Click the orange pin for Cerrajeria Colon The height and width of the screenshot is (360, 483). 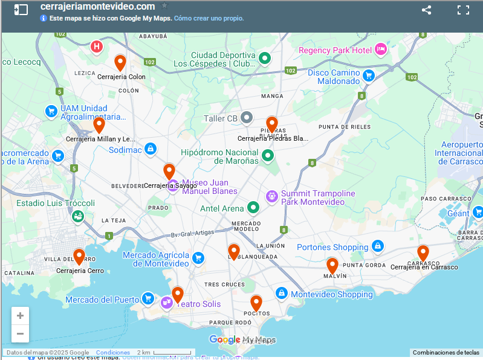click(120, 62)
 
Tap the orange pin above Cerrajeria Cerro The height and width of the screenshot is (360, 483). click(79, 256)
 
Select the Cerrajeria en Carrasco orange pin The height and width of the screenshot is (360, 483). click(423, 252)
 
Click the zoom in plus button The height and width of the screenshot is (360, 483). click(20, 315)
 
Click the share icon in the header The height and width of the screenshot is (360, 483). click(426, 10)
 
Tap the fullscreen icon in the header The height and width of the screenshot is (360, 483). click(463, 10)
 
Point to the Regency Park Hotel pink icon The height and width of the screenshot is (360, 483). click(380, 50)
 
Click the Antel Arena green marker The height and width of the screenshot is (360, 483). click(253, 208)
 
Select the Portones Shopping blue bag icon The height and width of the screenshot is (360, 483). click(377, 246)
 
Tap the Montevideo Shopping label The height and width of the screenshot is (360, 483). click(331, 294)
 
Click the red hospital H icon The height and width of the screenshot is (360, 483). click(96, 47)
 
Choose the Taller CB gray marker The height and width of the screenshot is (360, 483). click(246, 117)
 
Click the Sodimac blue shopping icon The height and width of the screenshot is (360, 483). click(151, 149)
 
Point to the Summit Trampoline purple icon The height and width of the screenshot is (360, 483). click(272, 196)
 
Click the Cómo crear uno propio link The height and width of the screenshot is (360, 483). click(209, 18)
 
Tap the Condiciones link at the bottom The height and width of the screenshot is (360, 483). click(113, 352)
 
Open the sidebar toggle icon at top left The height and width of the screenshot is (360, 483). click(21, 10)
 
